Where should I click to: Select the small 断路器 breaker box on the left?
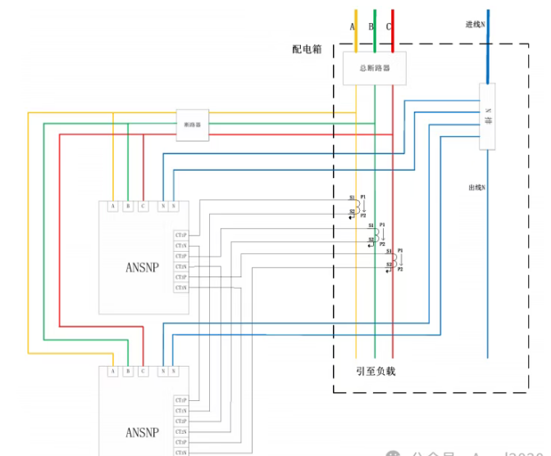[194, 125]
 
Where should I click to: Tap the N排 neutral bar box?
[489, 116]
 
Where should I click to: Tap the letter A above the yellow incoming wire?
[353, 27]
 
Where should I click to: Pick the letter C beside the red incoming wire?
[389, 27]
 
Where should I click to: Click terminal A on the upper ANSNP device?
[112, 207]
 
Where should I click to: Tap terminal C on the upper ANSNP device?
[143, 207]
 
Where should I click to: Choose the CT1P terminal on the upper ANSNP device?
[180, 235]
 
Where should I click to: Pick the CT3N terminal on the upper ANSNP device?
[180, 287]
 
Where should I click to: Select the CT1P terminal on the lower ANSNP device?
[180, 400]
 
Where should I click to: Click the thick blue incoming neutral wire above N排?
[490, 49]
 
